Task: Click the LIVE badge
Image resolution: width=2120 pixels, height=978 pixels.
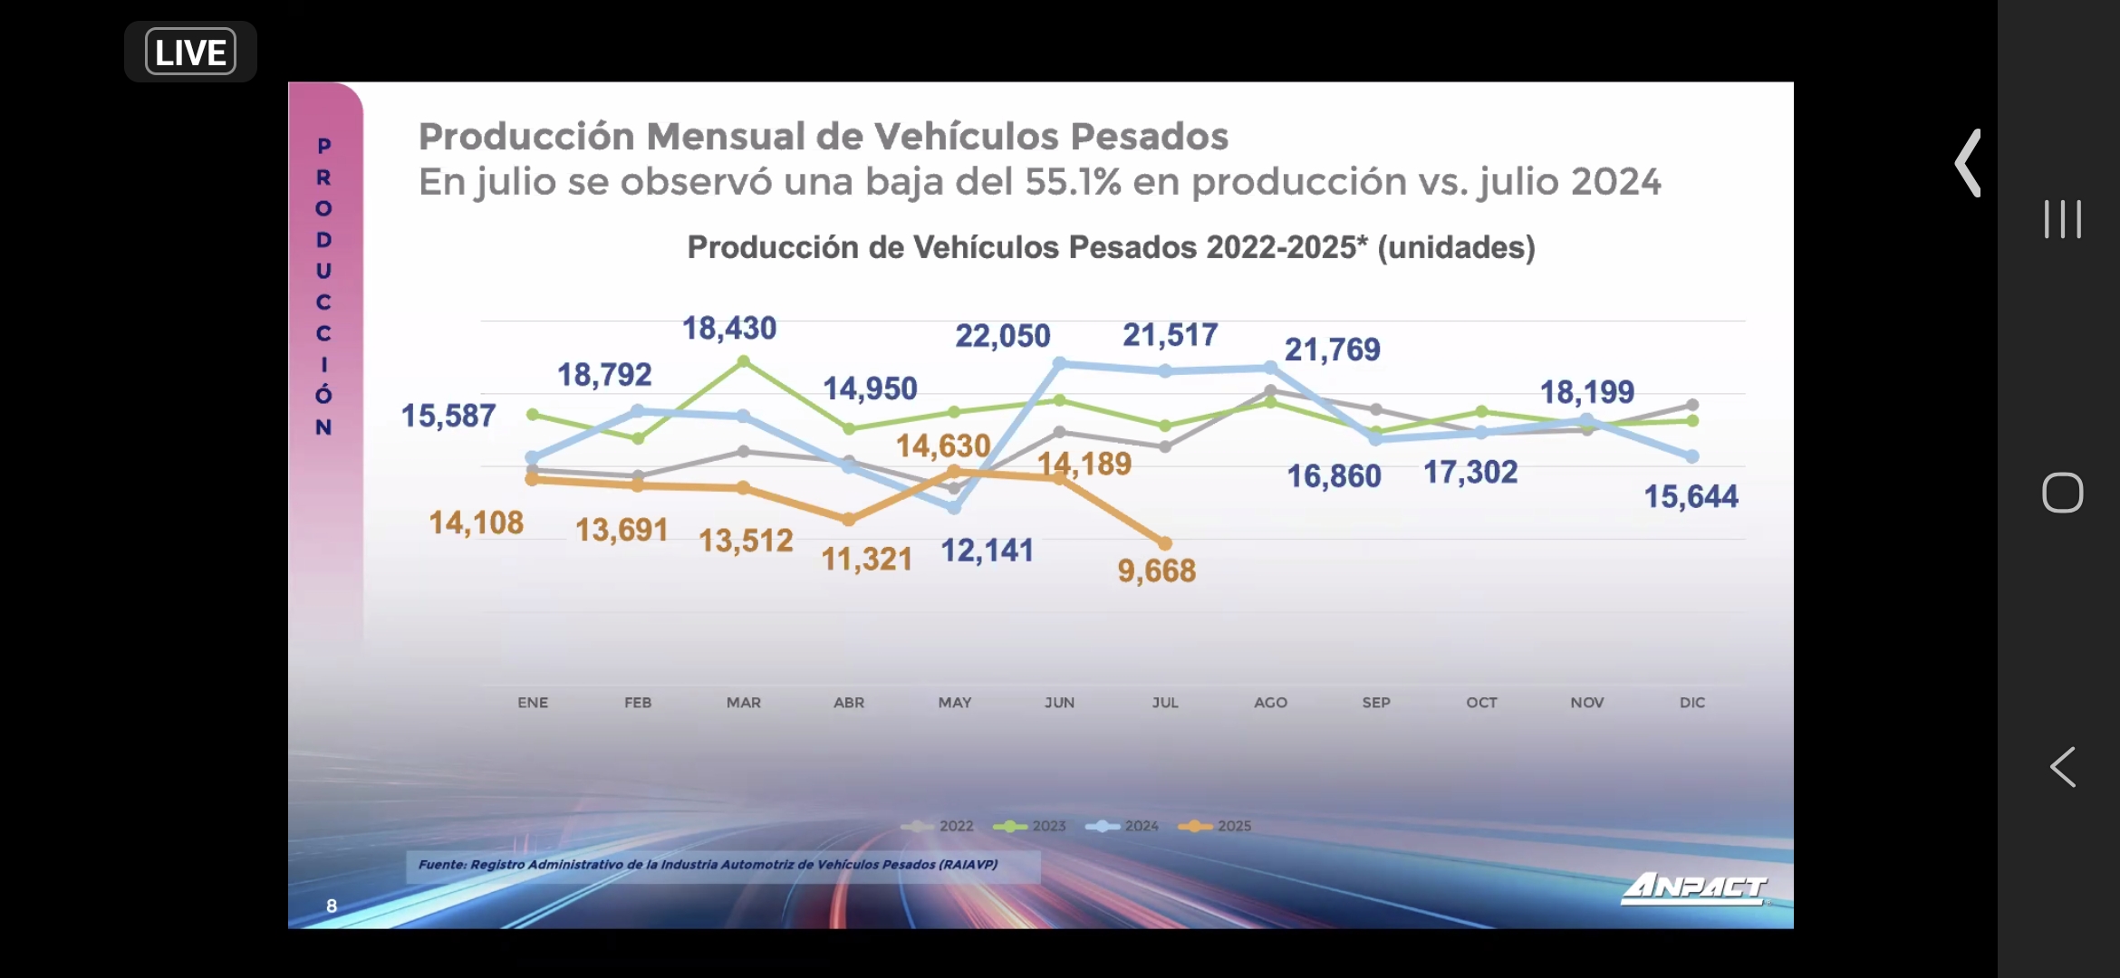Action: coord(190,53)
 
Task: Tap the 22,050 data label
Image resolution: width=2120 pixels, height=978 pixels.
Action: coord(1002,336)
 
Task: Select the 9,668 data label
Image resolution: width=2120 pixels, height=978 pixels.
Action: coord(1156,570)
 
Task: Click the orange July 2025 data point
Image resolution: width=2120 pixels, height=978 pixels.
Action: coord(1165,543)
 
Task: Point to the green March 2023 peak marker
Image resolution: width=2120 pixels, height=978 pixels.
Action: coord(744,361)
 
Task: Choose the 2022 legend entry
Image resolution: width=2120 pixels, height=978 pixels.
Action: coord(939,826)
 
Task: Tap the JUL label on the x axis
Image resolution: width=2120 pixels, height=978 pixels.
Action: coord(1165,703)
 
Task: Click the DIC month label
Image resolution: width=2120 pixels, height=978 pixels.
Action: coord(1691,703)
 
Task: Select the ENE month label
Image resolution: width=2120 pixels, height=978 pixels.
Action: coord(533,703)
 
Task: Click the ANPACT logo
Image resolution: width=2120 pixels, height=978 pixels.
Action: coord(1693,887)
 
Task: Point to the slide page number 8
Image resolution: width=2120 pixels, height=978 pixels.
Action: coord(332,906)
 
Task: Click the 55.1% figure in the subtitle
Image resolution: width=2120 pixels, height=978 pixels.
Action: coord(1073,182)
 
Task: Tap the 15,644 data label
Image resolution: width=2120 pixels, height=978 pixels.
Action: coord(1691,496)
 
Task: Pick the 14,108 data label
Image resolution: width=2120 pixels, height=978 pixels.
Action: coord(476,523)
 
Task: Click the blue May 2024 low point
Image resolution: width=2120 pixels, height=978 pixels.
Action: coord(954,508)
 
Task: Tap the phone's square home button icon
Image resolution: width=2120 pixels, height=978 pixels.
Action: coord(2062,493)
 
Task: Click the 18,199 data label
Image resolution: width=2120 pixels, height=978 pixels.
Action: coord(1587,392)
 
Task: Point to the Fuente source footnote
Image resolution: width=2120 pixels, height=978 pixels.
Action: coord(708,865)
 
